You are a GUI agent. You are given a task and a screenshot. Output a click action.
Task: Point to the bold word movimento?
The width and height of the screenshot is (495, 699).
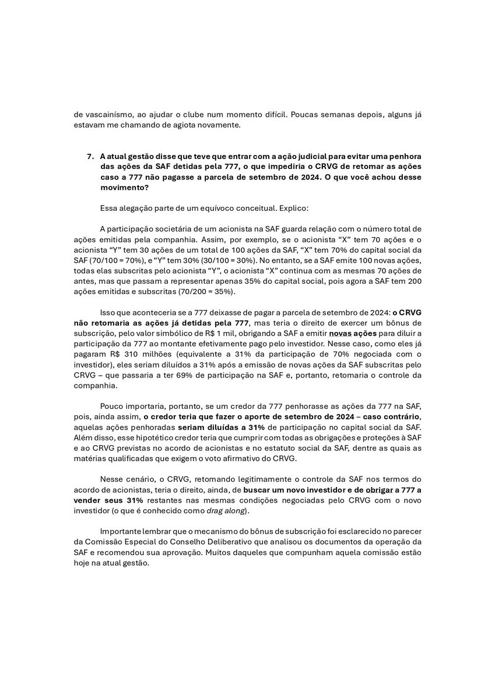pos(123,188)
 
